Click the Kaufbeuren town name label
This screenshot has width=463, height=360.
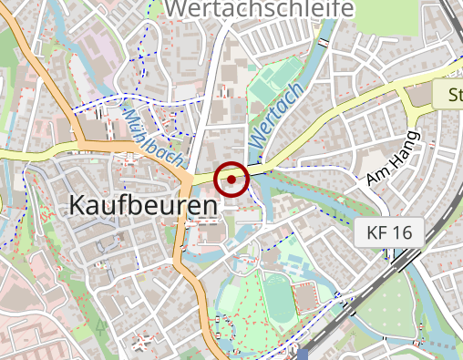[x=143, y=206]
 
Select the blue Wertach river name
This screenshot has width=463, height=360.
[x=274, y=117]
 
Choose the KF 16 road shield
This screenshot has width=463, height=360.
[x=389, y=232]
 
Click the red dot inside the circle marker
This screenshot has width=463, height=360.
[x=232, y=180]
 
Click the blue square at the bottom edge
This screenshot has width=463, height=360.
[x=303, y=354]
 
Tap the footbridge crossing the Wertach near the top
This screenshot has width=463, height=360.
[x=324, y=43]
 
